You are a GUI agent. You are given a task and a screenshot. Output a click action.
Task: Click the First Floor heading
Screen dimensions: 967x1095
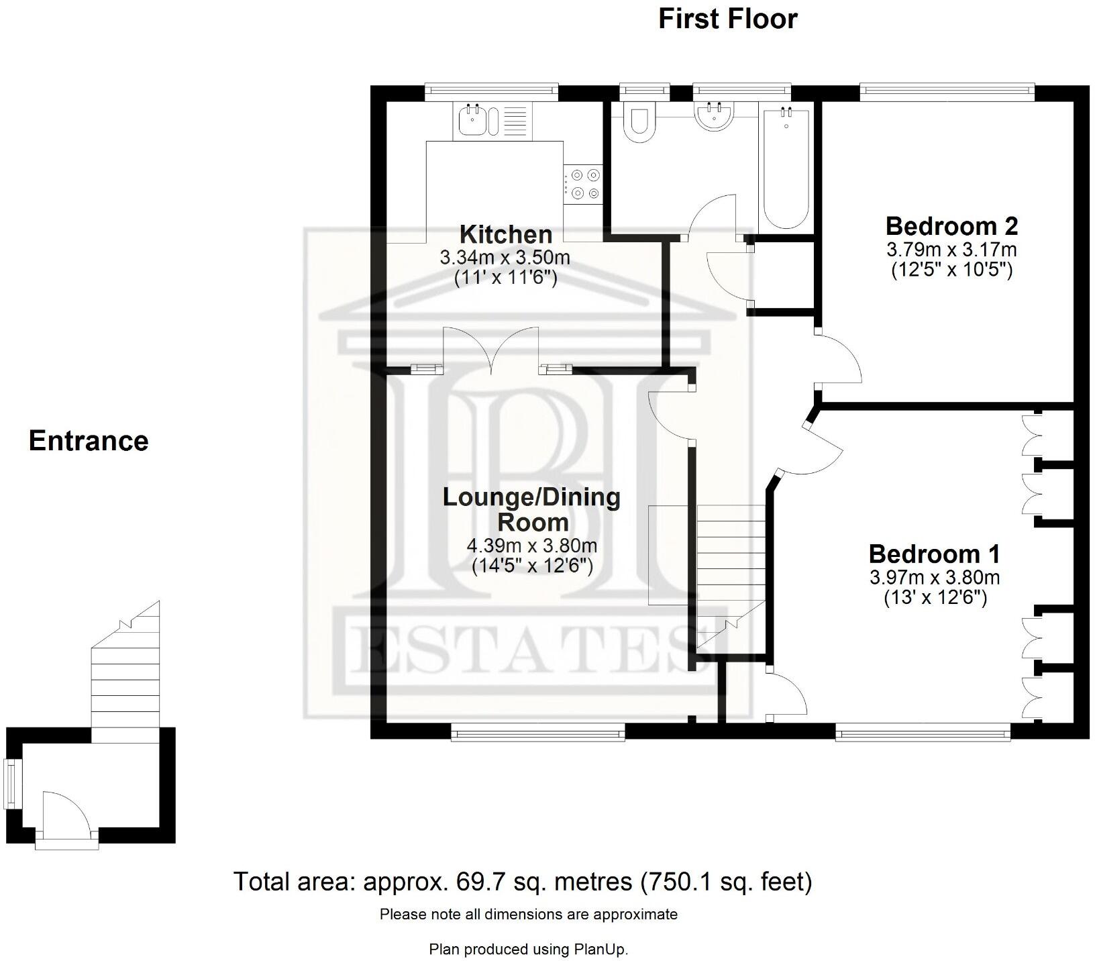pyautogui.click(x=727, y=19)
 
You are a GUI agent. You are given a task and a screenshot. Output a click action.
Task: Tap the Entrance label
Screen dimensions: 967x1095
pyautogui.click(x=89, y=441)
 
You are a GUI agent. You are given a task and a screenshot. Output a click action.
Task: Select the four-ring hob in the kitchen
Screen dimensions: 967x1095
pyautogui.click(x=583, y=184)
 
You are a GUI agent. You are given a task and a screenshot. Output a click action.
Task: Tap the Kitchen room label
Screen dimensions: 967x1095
pyautogui.click(x=506, y=234)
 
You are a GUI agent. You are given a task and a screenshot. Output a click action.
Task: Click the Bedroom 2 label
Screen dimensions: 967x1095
pyautogui.click(x=951, y=226)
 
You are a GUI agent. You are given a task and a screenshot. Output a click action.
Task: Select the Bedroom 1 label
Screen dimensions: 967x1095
pyautogui.click(x=934, y=554)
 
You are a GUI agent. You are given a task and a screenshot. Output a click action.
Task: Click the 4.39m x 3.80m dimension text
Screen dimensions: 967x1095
pyautogui.click(x=531, y=545)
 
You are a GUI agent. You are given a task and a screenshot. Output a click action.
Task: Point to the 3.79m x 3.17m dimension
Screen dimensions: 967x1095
pyautogui.click(x=951, y=250)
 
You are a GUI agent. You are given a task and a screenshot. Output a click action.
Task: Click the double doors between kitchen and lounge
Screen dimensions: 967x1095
pyautogui.click(x=491, y=349)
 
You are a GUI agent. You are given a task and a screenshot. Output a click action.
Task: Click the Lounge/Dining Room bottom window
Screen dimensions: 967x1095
pyautogui.click(x=538, y=735)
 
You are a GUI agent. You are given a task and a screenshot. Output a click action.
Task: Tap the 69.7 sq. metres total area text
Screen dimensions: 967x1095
pyautogui.click(x=522, y=881)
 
